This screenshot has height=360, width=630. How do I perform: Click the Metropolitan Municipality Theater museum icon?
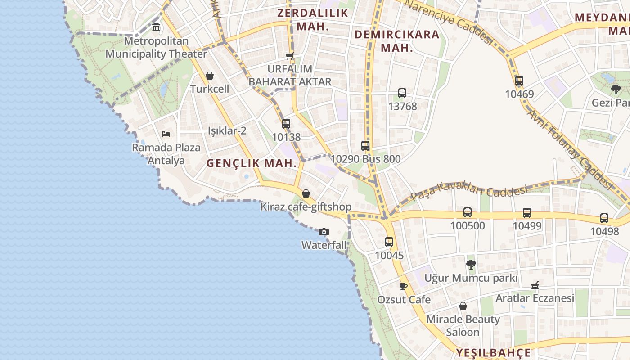pyautogui.click(x=156, y=27)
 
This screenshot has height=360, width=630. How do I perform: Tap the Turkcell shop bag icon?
pyautogui.click(x=209, y=76)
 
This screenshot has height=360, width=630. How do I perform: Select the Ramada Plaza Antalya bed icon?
pyautogui.click(x=166, y=134)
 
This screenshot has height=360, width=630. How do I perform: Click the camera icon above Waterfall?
pyautogui.click(x=324, y=232)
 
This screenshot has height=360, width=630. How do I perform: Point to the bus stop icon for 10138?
pyautogui.click(x=286, y=124)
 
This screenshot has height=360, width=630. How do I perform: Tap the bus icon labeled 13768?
pyautogui.click(x=402, y=93)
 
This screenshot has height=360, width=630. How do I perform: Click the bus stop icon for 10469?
pyautogui.click(x=519, y=81)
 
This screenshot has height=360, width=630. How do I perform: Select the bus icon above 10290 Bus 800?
pyautogui.click(x=365, y=146)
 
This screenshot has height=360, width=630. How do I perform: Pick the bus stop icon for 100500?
pyautogui.click(x=468, y=212)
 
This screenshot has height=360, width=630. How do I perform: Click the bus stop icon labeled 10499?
pyautogui.click(x=527, y=213)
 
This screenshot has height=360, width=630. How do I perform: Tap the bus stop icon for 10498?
pyautogui.click(x=604, y=218)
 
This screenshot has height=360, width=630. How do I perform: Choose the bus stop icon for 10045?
pyautogui.click(x=389, y=242)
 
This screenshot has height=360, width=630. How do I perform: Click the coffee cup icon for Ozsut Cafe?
pyautogui.click(x=404, y=286)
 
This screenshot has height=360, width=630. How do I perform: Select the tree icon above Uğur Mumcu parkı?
pyautogui.click(x=471, y=265)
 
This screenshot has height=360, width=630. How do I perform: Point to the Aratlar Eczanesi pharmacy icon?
pyautogui.click(x=535, y=285)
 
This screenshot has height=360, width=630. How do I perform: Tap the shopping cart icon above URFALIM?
pyautogui.click(x=290, y=56)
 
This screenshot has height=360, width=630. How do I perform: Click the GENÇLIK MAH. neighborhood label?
pyautogui.click(x=252, y=163)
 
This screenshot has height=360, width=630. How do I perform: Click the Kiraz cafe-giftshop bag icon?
pyautogui.click(x=306, y=193)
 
